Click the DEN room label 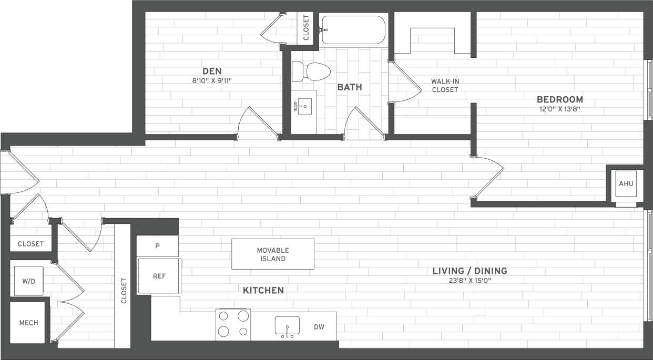(212, 71)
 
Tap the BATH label (350, 87)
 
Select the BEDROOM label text (559, 99)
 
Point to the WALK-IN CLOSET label (445, 85)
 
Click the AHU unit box (626, 184)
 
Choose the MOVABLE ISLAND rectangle (273, 254)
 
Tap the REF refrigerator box (159, 276)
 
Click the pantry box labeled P (157, 245)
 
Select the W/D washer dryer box (28, 281)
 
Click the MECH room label (28, 323)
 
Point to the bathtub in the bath (353, 30)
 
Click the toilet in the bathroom (310, 71)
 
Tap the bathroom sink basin (302, 107)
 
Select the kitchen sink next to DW (287, 326)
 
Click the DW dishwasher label (319, 327)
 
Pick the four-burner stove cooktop (233, 324)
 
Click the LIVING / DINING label (470, 271)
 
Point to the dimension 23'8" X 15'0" (470, 281)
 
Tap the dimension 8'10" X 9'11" (212, 81)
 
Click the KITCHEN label (263, 290)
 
